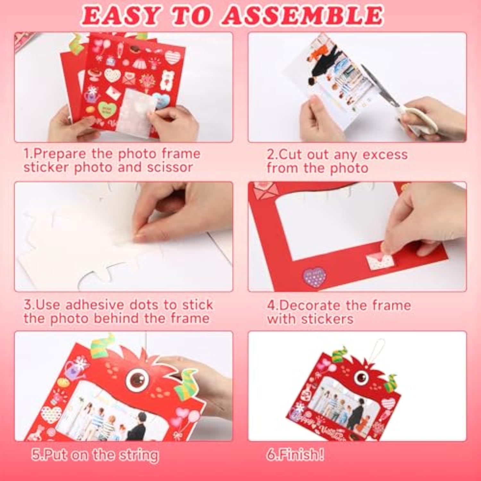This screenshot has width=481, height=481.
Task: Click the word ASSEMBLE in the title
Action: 302,15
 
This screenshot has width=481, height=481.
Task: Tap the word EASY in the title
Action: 121,15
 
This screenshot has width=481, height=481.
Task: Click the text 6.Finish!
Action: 295,455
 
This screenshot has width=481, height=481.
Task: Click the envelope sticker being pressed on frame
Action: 380,260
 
